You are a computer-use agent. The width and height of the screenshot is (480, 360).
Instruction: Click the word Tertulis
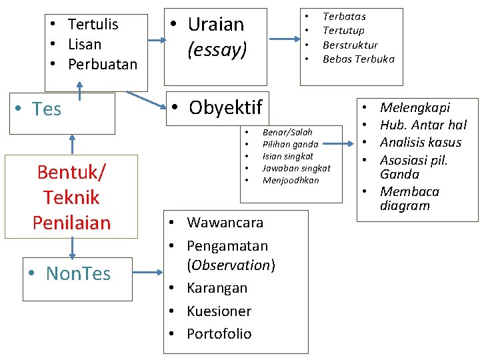(93, 25)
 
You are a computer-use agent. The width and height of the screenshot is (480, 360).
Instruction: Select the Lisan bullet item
(84, 45)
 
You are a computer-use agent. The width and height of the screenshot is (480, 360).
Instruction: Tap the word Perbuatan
(102, 65)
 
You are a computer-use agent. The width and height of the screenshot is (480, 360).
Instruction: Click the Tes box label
(47, 109)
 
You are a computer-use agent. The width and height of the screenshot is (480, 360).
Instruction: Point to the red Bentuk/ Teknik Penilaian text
(71, 197)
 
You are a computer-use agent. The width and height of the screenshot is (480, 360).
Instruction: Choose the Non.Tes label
(78, 273)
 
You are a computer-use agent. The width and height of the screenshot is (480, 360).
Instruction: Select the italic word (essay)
(217, 49)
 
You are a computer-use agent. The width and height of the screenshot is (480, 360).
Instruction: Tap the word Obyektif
(225, 107)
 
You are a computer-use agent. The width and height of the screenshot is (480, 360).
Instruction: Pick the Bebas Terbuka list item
(358, 59)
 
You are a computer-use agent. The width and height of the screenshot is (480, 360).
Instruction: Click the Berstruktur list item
(350, 45)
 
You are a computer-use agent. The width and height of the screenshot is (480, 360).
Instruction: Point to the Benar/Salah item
(287, 132)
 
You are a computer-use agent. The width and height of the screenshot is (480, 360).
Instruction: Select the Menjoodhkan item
(291, 180)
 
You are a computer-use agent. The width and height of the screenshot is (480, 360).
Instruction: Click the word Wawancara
(225, 222)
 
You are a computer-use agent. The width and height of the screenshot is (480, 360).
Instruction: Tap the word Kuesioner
(219, 311)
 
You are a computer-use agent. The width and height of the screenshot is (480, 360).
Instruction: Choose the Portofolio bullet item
(219, 334)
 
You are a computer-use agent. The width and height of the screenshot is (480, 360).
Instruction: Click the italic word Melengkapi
(415, 107)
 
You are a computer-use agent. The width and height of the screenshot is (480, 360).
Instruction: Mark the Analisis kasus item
(420, 142)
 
